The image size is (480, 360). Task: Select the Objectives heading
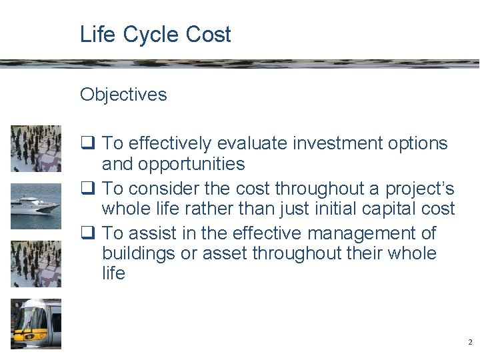(x=123, y=95)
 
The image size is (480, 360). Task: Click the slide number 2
(x=470, y=342)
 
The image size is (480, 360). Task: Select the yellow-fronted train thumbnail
(x=36, y=323)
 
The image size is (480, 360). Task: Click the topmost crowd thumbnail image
(x=36, y=148)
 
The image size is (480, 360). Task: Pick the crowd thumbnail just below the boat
(x=36, y=264)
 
